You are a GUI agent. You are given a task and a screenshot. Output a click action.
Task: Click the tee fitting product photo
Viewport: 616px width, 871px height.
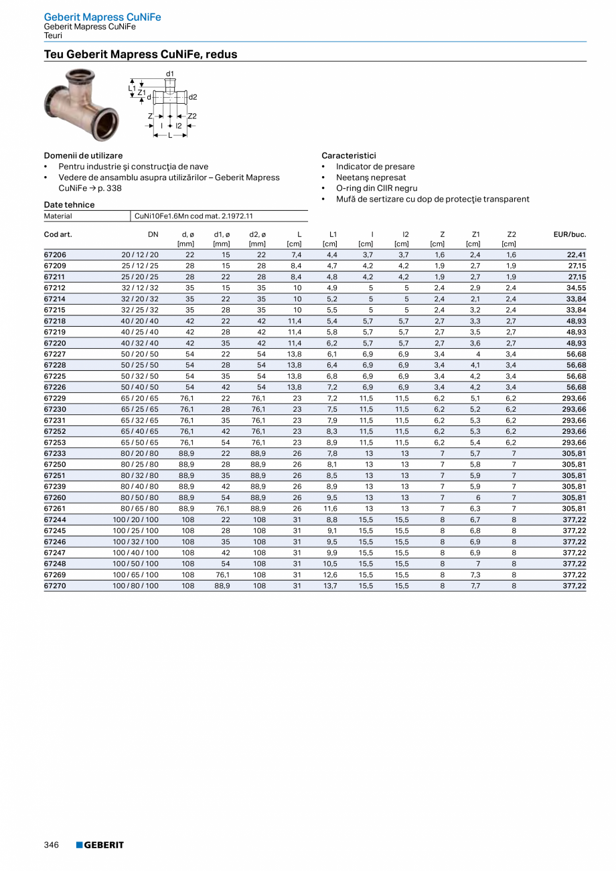pos(74,104)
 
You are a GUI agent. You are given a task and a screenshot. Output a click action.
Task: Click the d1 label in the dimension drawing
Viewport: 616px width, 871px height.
pos(170,73)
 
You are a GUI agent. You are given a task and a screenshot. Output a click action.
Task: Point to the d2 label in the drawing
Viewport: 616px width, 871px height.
pos(193,97)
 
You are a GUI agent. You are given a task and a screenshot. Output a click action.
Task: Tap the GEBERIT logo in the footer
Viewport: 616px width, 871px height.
pos(100,845)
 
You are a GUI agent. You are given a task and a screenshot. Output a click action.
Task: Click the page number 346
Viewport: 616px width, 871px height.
pos(52,845)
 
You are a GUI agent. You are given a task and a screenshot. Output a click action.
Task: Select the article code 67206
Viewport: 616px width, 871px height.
pos(55,255)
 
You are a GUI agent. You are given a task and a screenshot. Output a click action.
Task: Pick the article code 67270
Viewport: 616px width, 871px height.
pos(55,586)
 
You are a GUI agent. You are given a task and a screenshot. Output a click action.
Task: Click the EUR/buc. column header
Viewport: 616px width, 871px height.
pos(570,234)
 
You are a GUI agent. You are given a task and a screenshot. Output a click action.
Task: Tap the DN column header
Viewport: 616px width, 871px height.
pos(153,234)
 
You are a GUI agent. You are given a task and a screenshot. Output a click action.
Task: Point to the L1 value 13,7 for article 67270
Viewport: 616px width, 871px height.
pos(331,586)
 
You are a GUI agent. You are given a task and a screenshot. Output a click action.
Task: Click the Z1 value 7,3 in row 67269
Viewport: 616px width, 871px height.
pos(475,574)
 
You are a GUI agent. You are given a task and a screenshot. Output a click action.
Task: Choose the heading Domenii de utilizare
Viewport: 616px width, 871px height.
pos(83,155)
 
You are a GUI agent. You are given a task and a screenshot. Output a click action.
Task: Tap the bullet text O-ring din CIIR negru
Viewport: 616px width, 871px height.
pos(376,188)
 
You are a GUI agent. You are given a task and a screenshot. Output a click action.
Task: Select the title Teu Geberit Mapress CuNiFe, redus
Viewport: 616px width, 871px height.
pos(141,54)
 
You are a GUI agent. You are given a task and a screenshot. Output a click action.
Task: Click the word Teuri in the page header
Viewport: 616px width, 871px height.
pos(53,35)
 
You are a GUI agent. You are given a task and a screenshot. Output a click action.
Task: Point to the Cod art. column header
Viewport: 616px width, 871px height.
pos(58,234)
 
